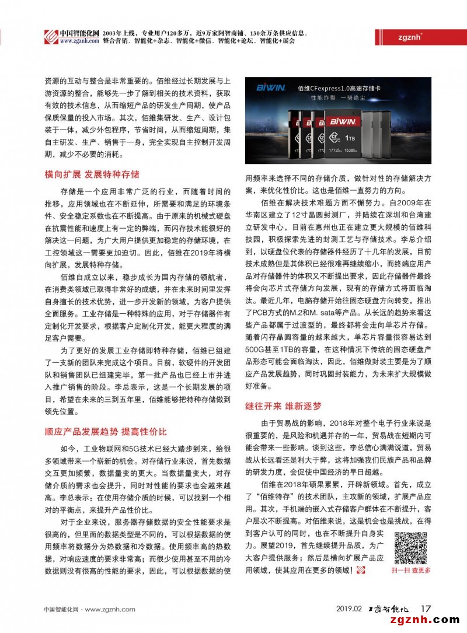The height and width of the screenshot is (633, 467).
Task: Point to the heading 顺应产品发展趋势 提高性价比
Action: [106, 432]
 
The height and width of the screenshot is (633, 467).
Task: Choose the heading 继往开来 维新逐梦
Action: [283, 405]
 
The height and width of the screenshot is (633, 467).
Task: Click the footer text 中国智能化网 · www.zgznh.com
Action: [81, 608]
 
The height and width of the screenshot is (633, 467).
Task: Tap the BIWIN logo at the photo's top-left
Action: [270, 87]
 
